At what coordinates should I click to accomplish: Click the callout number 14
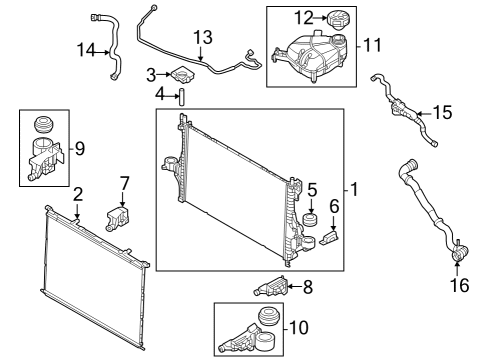point(87,49)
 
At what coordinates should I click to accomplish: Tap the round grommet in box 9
point(43,125)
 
